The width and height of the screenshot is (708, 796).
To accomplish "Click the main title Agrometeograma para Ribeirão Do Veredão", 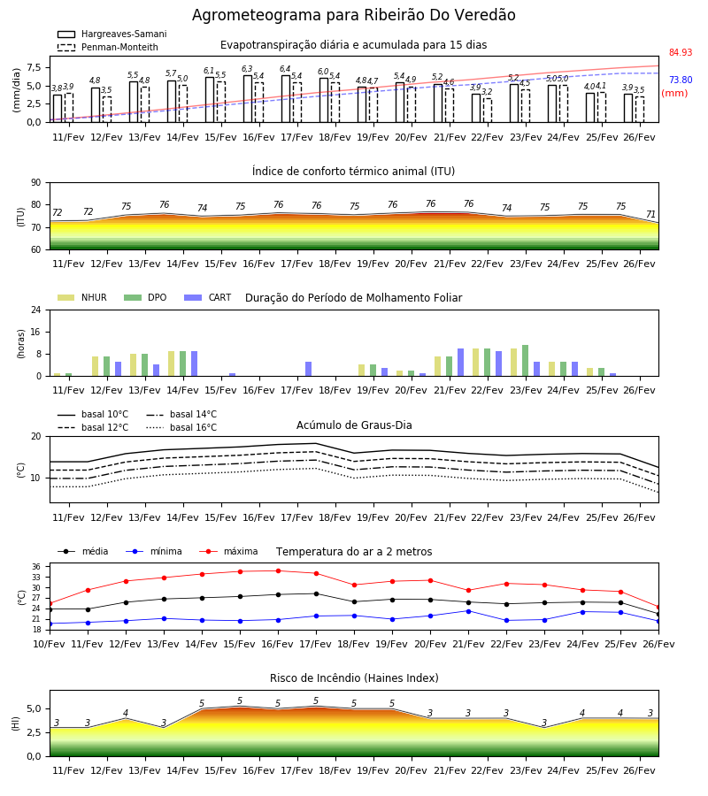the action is pos(353,15).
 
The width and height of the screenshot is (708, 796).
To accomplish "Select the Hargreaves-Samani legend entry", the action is pos(112,34).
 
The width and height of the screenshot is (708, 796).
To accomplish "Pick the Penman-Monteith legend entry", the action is pos(108,47).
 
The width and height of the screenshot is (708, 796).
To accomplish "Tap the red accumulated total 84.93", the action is pos(681,52).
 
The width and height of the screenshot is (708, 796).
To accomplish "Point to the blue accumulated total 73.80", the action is pos(681,80).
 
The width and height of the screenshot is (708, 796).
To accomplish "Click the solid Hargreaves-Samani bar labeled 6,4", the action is pos(286,99).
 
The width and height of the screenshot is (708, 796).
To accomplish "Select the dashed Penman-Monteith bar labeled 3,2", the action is pos(487,111).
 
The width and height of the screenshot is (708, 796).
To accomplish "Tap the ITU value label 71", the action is pos(650,214).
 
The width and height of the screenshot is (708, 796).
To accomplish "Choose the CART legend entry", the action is pos(208,297).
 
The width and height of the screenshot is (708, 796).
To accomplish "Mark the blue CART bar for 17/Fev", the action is pos(308,369).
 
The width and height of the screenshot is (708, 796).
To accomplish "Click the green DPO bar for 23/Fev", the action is pos(525,361).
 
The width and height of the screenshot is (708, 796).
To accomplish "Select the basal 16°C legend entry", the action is pos(181,427).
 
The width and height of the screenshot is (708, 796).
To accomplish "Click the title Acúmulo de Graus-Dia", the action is pos(354,425).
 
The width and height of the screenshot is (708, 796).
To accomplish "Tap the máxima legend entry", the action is pos(228,551).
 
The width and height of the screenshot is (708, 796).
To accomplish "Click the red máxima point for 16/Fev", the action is pos(278,571).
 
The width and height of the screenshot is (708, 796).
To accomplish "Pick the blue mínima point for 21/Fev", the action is pos(468,611).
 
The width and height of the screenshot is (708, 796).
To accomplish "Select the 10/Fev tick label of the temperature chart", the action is pos(50,644).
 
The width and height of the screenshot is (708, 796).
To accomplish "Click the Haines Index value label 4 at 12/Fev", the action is pos(126,713).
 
